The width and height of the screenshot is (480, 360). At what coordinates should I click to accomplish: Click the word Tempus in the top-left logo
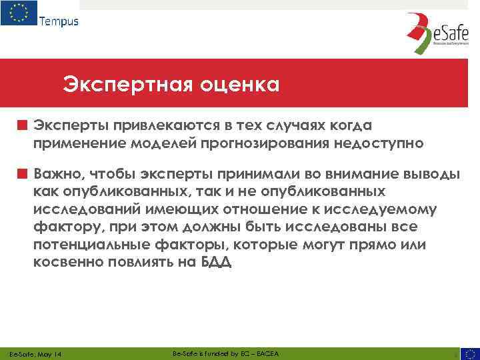pyautogui.click(x=59, y=21)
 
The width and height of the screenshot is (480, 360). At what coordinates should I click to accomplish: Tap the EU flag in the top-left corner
pyautogui.click(x=19, y=13)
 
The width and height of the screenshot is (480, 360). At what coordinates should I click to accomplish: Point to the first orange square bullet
pyautogui.click(x=22, y=125)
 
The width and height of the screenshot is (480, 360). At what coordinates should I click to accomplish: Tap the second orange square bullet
pyautogui.click(x=22, y=174)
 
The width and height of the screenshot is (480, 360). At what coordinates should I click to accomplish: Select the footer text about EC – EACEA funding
pyautogui.click(x=225, y=353)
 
